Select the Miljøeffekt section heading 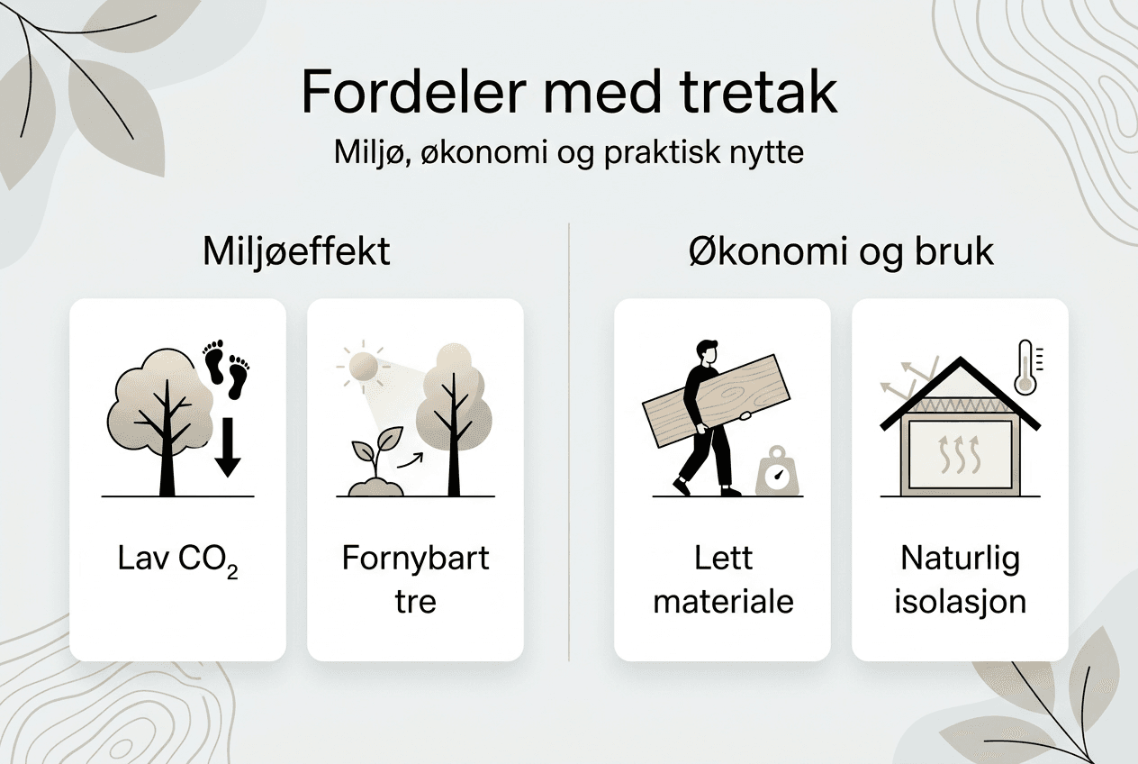click(x=297, y=251)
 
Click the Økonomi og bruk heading click(x=841, y=251)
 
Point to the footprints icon click(x=226, y=368)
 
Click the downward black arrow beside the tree click(x=228, y=447)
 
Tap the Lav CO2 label click(x=177, y=559)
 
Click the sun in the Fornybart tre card click(x=363, y=365)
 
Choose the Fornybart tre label click(x=415, y=578)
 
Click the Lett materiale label click(x=723, y=578)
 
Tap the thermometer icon click(x=1025, y=367)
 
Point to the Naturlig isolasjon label click(x=960, y=578)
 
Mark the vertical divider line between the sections click(x=569, y=441)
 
